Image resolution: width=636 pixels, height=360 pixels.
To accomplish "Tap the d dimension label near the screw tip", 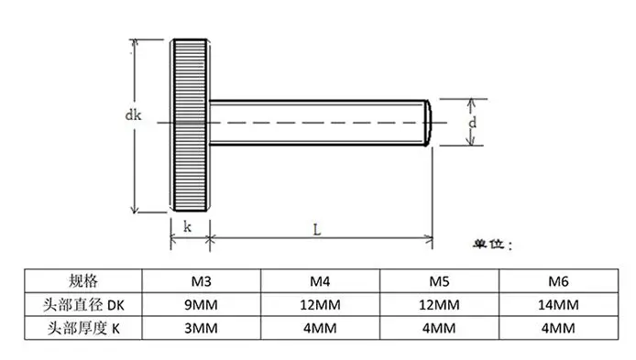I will pos(472,122).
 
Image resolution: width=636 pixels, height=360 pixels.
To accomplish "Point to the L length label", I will pos(315,231).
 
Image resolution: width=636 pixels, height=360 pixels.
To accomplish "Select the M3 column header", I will pos(203,281).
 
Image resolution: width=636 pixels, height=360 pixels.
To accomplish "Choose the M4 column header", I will pos(319,281).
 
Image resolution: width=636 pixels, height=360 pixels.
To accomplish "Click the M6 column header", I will pos(560,281).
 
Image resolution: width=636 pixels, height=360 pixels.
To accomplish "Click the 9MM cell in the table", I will pos(203,304).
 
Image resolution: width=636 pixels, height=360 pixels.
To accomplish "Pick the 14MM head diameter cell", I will pos(560,304).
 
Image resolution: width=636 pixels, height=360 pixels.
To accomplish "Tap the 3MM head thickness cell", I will pos(203,327).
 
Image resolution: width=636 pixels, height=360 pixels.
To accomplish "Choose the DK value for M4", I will pos(319,304).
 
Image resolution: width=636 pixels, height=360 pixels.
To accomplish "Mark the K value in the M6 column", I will pos(560,327).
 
